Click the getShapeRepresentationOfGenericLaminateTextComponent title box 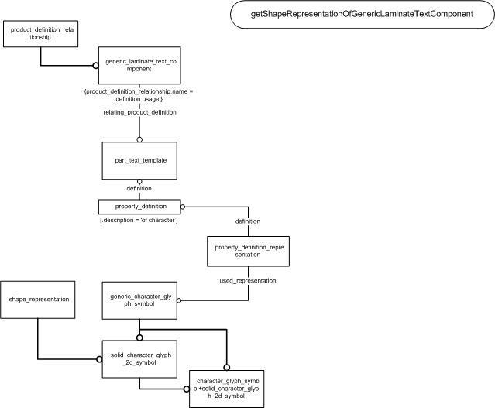pos(363,14)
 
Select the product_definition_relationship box pos(41,34)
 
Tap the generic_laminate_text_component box pos(139,66)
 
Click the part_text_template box pos(139,160)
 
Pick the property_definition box pos(139,207)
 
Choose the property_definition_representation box pos(248,251)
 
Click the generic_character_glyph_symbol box pos(139,300)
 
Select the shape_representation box pos(38,300)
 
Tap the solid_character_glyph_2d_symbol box pos(139,359)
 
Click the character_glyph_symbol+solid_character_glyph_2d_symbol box pos(227,389)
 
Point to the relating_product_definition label pos(140,112)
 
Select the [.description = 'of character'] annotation pos(139,220)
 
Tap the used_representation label pos(248,280)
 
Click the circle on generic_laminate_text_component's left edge pos(95,66)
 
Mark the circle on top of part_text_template pos(139,139)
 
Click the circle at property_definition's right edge pos(183,207)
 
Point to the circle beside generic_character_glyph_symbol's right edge pos(179,300)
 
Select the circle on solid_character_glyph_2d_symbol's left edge pos(99,359)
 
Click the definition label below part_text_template pos(139,188)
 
